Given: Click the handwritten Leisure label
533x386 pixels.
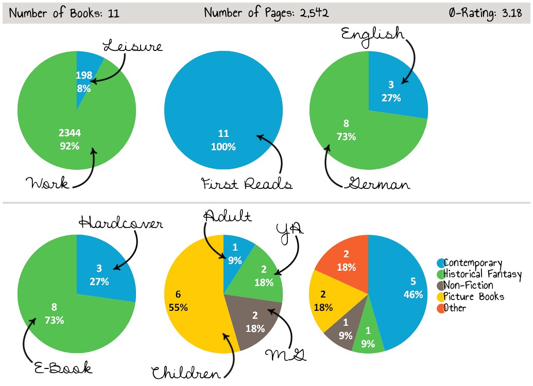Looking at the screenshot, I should (133, 46).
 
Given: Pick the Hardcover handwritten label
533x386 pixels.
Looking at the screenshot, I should (121, 223).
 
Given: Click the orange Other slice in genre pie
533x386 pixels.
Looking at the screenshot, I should (342, 262).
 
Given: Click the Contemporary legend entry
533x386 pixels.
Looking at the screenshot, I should (472, 263).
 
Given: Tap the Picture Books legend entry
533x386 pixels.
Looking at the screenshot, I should (473, 296).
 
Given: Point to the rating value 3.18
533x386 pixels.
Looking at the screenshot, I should (513, 13).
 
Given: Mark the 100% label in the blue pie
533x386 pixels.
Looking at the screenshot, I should (223, 147).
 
